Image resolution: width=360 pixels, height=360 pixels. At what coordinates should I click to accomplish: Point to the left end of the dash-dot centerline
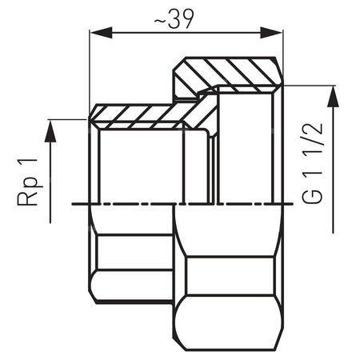[74, 204]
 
